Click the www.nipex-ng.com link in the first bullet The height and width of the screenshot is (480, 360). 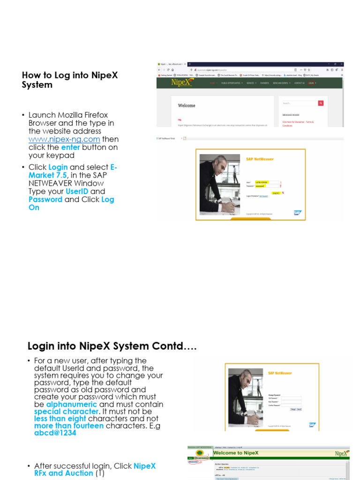coord(64,139)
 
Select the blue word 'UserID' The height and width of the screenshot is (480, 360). coord(77,191)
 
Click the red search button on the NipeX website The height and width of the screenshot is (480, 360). coord(321,103)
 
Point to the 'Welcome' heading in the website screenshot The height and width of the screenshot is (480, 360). coord(187,105)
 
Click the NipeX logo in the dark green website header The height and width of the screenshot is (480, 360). coord(182,83)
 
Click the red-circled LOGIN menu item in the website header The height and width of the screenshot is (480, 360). coord(312,83)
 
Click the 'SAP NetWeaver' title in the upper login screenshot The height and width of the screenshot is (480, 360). coord(260,159)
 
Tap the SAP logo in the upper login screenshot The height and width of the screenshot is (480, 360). coord(297,212)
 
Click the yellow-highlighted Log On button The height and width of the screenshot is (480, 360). coord(277,193)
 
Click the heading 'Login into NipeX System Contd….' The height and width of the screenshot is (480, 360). coord(112,346)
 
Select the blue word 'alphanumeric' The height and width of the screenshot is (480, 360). coord(72,404)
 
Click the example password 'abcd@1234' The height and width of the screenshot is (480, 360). coord(55,433)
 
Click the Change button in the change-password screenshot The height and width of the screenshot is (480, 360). coord(293,409)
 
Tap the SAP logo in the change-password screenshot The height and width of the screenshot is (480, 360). coord(312,425)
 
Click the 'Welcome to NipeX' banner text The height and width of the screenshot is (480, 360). coord(236,453)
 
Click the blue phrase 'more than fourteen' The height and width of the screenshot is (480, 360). coord(69,426)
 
